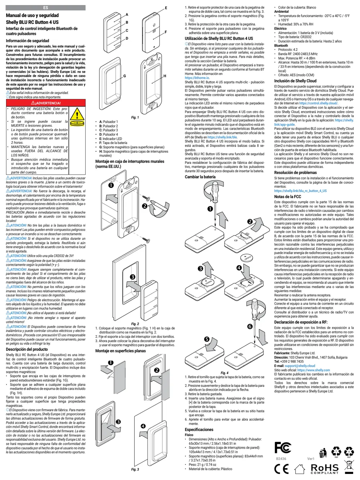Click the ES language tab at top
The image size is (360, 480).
45,8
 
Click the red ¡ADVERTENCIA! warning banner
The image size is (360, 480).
46,103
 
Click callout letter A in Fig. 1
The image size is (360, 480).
127,15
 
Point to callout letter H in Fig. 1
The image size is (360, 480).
165,76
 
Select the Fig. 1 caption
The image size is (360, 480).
135,117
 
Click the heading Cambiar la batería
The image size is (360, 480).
200,177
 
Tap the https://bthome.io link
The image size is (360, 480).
197,78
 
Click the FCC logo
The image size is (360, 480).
283,448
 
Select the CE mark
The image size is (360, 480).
281,468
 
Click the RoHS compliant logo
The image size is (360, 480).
325,468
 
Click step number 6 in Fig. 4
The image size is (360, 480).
250,327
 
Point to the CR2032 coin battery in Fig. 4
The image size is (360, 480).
247,258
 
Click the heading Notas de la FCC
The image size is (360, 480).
287,197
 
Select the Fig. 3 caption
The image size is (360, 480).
135,469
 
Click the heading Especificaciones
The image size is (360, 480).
199,430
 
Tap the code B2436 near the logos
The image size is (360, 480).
281,459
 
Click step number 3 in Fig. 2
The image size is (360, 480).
132,277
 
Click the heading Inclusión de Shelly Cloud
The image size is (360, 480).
295,81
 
